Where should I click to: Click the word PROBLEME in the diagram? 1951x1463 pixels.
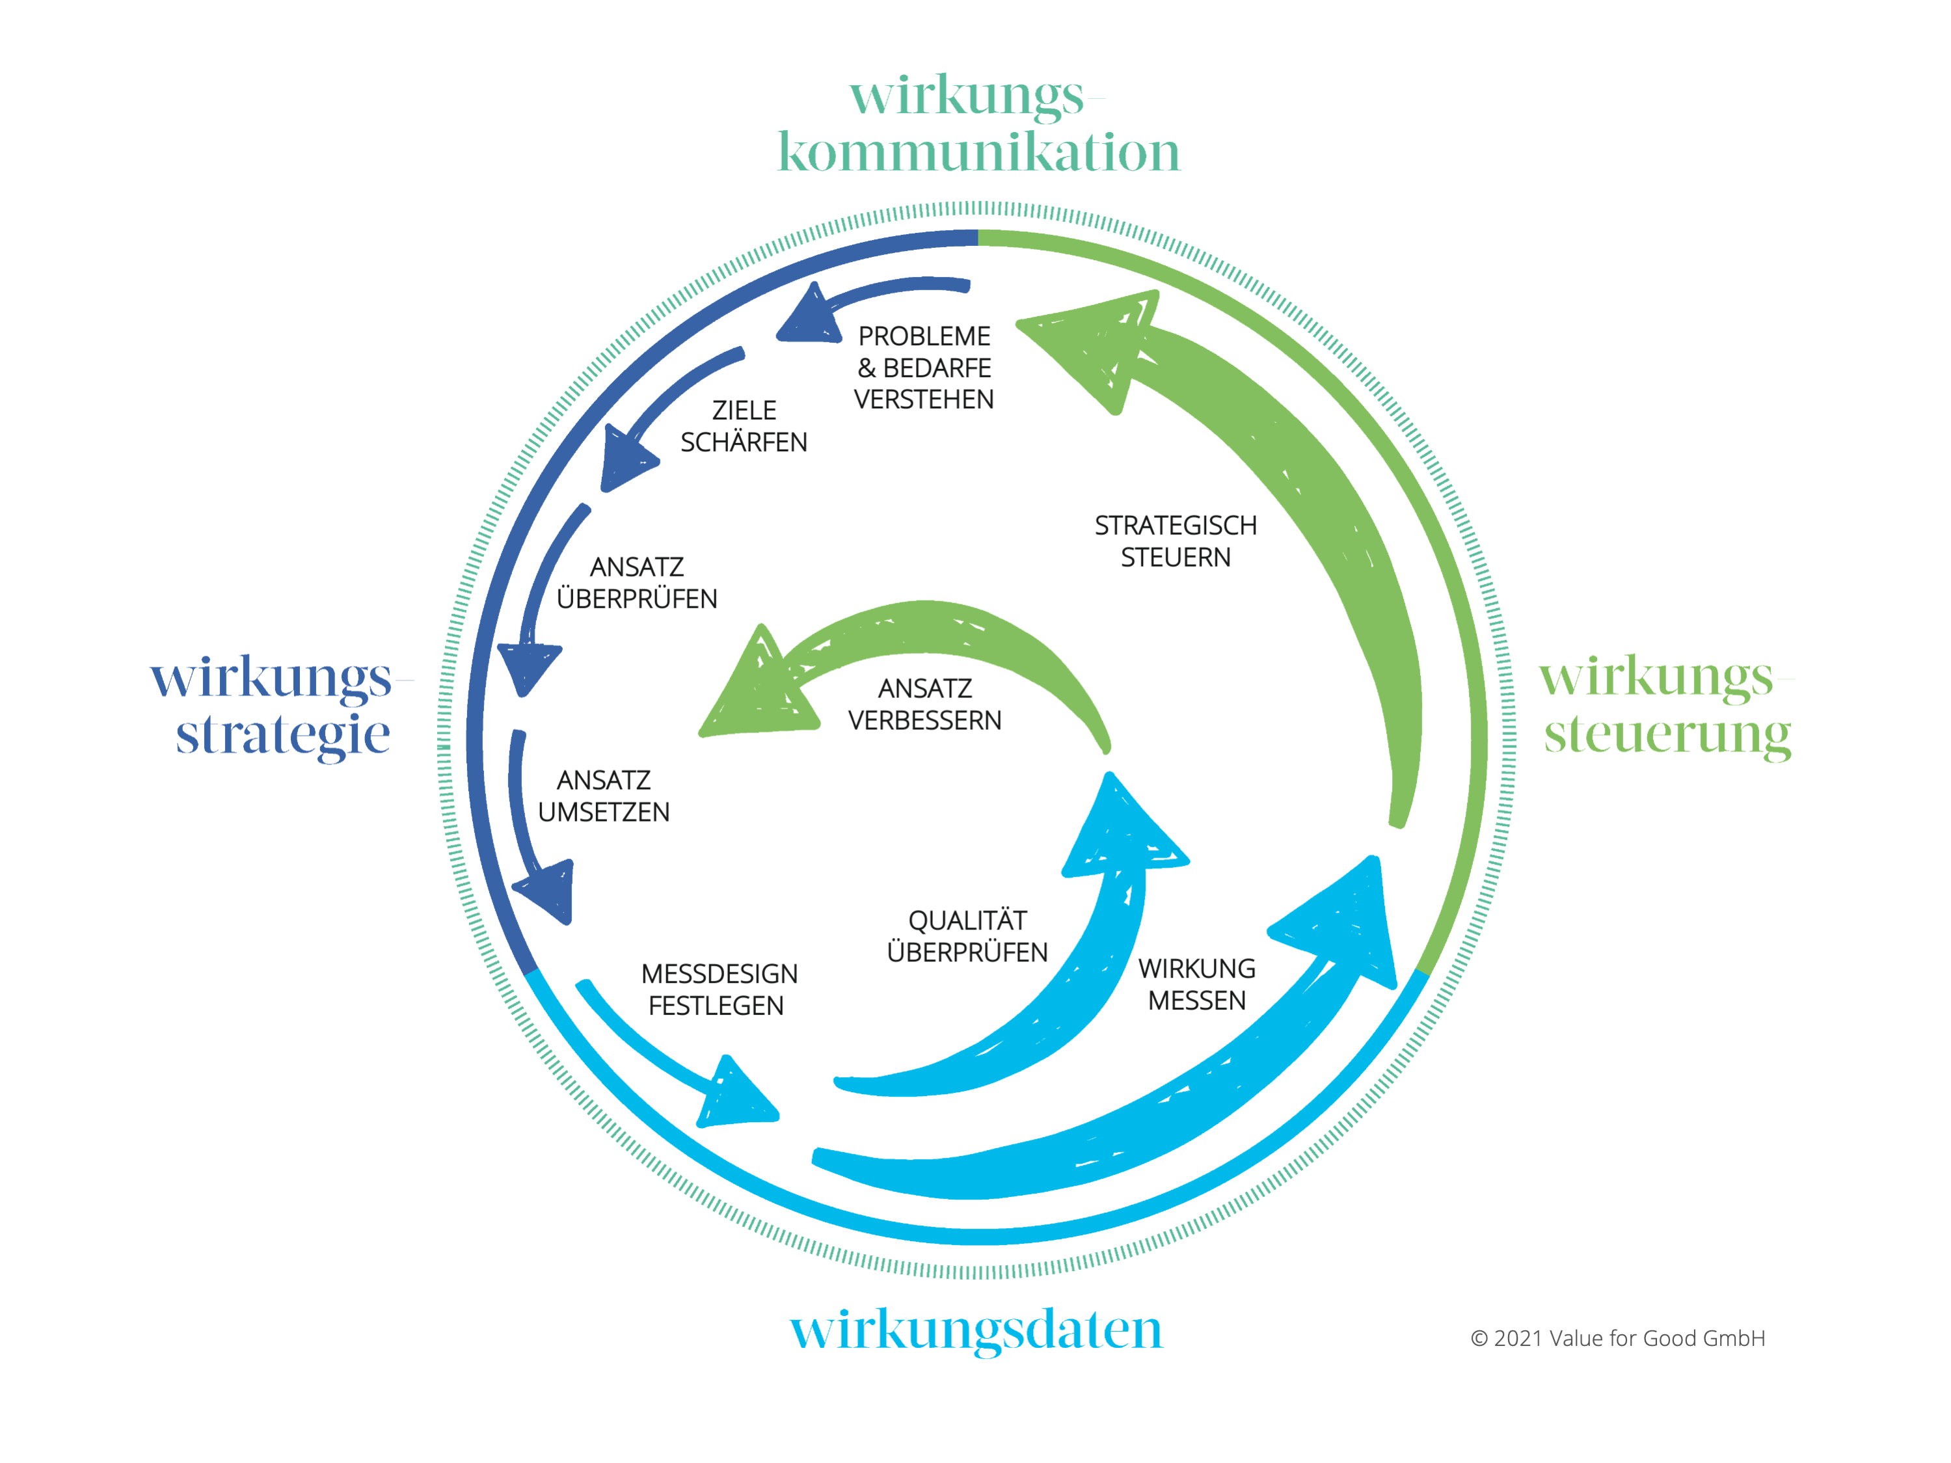pyautogui.click(x=924, y=336)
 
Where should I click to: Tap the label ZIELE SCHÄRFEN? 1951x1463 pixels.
pyautogui.click(x=744, y=426)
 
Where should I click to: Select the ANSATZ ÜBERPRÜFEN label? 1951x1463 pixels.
pyautogui.click(x=636, y=583)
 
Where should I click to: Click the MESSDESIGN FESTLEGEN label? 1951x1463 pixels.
pyautogui.click(x=718, y=989)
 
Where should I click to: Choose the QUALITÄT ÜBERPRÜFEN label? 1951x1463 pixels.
pyautogui.click(x=967, y=937)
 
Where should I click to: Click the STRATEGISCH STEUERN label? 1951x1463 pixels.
pyautogui.click(x=1175, y=541)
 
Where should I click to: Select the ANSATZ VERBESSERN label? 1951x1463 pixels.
pyautogui.click(x=924, y=704)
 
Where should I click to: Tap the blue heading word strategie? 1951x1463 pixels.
pyautogui.click(x=282, y=734)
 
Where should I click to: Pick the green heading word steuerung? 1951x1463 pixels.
pyautogui.click(x=1667, y=734)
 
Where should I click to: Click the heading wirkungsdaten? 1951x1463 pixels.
pyautogui.click(x=976, y=1330)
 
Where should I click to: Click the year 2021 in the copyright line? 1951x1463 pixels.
pyautogui.click(x=1517, y=1339)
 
